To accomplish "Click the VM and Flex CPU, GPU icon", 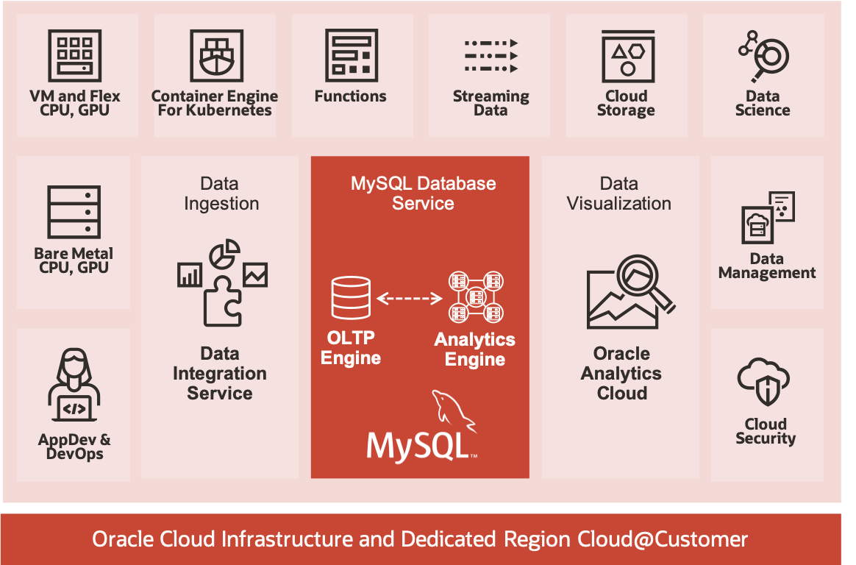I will [x=75, y=55].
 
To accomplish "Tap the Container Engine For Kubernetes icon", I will [x=215, y=56].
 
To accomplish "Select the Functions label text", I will [x=350, y=96].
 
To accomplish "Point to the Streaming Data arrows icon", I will [x=491, y=55].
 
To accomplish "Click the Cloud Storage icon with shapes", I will [x=627, y=55].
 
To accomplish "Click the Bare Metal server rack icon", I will [x=74, y=212].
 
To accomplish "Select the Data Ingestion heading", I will [x=221, y=193].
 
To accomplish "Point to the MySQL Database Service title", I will [x=423, y=193].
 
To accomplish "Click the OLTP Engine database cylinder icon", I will [x=351, y=298].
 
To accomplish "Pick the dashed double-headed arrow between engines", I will [x=410, y=299].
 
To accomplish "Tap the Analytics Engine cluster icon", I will [x=476, y=298].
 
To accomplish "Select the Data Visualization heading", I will [x=619, y=193].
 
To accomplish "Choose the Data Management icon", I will [x=767, y=218].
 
